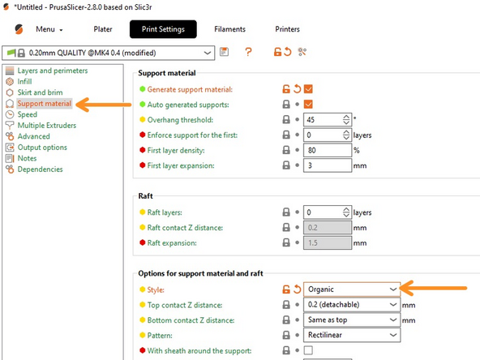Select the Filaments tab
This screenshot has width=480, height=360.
[x=229, y=30]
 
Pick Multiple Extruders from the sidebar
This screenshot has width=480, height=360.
[x=47, y=126]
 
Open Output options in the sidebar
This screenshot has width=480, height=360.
[x=42, y=148]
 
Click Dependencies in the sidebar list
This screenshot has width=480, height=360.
[x=40, y=169]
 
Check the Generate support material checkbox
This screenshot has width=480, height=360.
[x=308, y=89]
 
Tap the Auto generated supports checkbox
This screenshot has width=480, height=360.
[x=308, y=105]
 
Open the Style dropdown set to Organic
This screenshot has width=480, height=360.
[x=351, y=289]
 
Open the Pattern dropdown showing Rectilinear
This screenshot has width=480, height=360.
[x=351, y=335]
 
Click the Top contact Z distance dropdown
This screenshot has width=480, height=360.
[x=351, y=304]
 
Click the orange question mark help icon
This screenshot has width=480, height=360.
[x=248, y=52]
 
